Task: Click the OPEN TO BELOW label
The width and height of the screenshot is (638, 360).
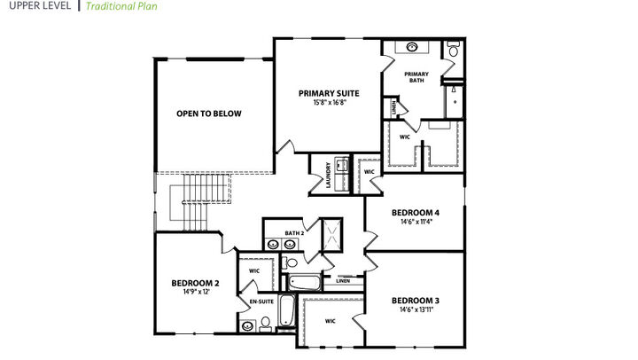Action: (x=209, y=113)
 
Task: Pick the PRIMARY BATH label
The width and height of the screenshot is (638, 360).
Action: (x=416, y=77)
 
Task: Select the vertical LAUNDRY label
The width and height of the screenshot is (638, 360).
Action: (x=328, y=170)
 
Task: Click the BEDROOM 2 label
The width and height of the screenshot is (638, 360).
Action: (x=195, y=283)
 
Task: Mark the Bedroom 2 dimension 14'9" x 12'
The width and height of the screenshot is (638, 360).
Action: (x=195, y=293)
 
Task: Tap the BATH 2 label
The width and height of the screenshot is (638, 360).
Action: (x=294, y=233)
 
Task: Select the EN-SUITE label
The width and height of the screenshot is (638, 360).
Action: (x=261, y=302)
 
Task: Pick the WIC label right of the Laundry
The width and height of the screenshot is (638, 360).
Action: (x=370, y=171)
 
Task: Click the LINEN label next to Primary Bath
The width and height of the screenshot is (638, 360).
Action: (x=392, y=108)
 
